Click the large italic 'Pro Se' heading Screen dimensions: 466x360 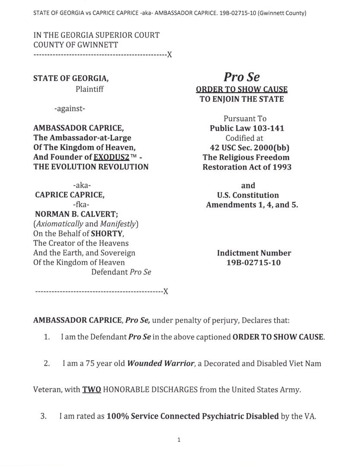coord(242,77)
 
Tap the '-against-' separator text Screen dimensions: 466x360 coord(69,109)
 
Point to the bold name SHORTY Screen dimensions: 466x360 coord(106,233)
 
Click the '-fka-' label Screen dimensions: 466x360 coord(82,205)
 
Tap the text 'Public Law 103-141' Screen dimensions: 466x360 coord(247,128)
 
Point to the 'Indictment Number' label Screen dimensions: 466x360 coord(254,253)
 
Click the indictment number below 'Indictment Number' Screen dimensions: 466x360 coord(253,262)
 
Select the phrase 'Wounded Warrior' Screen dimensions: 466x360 coord(160,363)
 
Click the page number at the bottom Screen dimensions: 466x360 coord(179,440)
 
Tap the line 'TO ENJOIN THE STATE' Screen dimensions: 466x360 coord(242,99)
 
